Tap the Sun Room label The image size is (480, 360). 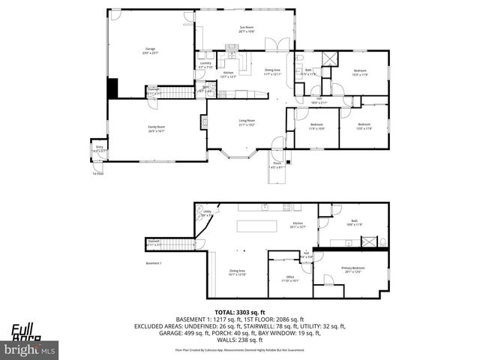[247, 31]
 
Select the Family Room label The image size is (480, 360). [156, 129]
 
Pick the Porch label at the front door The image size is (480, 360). [277, 165]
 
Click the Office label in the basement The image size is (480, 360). [290, 278]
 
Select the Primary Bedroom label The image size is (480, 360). [353, 269]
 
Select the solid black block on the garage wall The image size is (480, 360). [112, 88]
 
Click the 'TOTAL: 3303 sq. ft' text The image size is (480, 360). [240, 311]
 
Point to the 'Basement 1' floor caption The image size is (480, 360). [154, 263]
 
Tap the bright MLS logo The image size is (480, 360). [30, 349]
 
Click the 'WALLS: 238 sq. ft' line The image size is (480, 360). [240, 340]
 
